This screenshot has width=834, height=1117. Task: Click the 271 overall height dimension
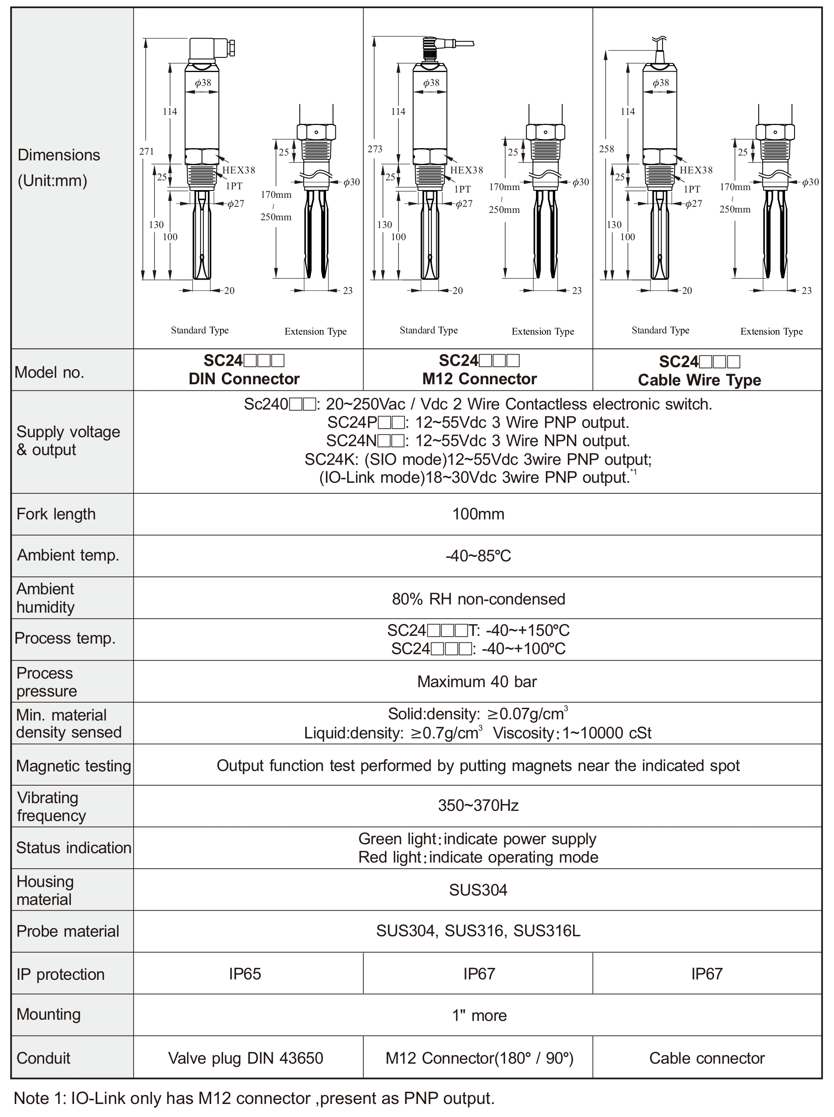click(147, 151)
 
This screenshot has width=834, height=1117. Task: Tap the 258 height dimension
click(606, 149)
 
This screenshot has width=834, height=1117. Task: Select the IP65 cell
click(245, 974)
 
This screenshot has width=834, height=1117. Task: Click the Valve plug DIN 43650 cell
click(245, 1058)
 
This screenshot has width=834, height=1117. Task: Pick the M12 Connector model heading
click(479, 379)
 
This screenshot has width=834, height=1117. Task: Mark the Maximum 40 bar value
click(477, 681)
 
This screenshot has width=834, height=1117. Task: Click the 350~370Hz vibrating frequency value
click(478, 805)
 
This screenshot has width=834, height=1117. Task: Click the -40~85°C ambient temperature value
click(478, 556)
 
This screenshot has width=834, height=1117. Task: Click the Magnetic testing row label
click(73, 766)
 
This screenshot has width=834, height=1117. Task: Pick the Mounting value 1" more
click(479, 1015)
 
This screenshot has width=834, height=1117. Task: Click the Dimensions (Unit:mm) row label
click(59, 168)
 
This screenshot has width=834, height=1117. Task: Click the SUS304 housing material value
click(478, 889)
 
